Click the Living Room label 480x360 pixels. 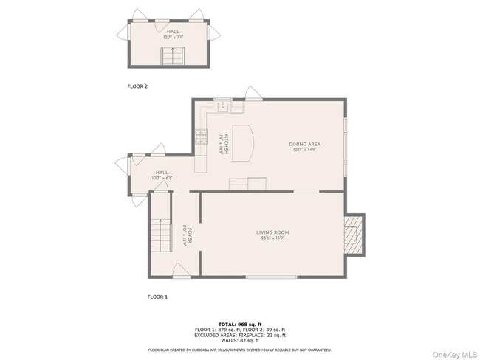(273, 235)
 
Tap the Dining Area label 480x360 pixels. (304, 146)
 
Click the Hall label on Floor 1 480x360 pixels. (162, 175)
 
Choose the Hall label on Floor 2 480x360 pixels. (173, 35)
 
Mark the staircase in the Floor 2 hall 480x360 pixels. (173, 55)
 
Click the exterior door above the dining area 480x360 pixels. (253, 93)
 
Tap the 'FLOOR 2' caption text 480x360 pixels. (137, 86)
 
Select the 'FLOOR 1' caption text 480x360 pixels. (157, 297)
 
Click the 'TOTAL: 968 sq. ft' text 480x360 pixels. (240, 324)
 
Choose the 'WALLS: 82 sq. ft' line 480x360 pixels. (240, 341)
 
